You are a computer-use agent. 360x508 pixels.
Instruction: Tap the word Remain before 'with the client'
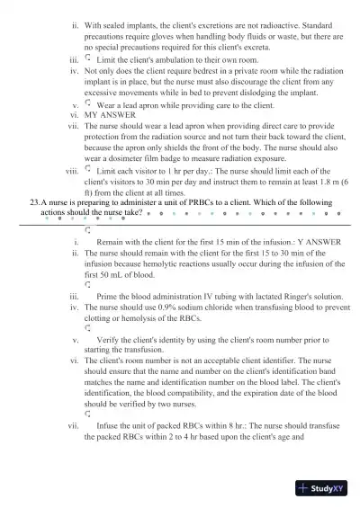(x=112, y=242)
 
